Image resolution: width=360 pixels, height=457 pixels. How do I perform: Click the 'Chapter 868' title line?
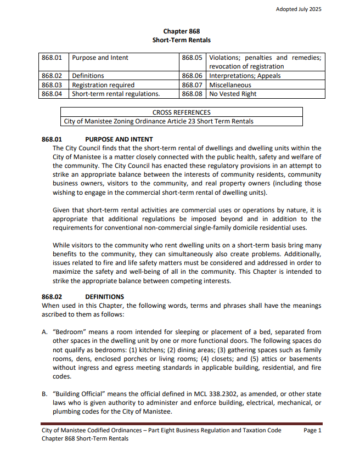pyautogui.click(x=181, y=31)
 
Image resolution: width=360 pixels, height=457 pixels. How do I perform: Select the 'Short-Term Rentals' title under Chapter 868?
pyautogui.click(x=181, y=40)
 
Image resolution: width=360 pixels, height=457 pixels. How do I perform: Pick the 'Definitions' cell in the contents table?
pyautogui.click(x=88, y=76)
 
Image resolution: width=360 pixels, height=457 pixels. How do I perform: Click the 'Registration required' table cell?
pyautogui.click(x=103, y=85)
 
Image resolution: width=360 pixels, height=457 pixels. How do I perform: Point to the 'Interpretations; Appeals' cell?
pyautogui.click(x=245, y=76)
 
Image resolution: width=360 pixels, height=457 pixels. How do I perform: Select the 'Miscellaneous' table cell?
pyautogui.click(x=230, y=85)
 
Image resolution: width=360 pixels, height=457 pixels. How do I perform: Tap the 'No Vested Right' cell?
pyautogui.click(x=233, y=94)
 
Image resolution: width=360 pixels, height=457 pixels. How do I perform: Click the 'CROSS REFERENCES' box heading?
pyautogui.click(x=181, y=112)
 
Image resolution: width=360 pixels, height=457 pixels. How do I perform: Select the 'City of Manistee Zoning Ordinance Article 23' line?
pyautogui.click(x=159, y=121)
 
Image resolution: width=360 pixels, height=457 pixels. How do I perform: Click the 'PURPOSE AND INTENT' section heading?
pyautogui.click(x=119, y=139)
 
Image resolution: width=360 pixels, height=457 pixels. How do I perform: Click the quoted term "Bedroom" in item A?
pyautogui.click(x=68, y=332)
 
